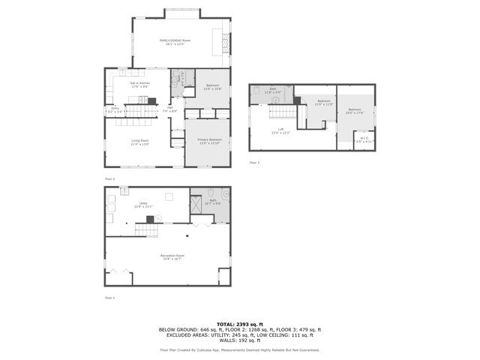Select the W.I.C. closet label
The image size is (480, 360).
(363, 139)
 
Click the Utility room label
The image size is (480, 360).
(138, 205)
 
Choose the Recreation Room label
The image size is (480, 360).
(172, 257)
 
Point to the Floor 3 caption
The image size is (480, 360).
(254, 162)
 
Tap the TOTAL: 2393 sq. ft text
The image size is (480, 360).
(240, 323)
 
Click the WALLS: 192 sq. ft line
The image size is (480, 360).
(240, 341)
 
